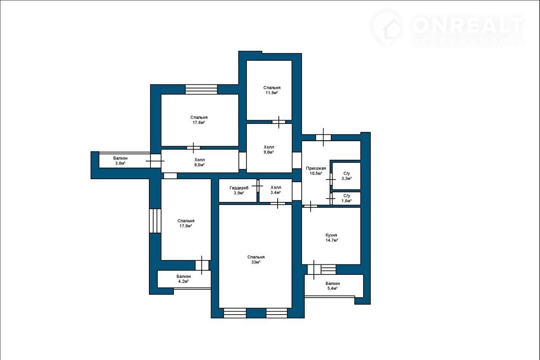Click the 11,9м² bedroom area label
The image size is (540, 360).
(272, 93)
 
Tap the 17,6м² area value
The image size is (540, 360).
(199, 122)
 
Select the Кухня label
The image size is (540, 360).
(331, 235)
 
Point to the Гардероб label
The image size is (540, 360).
(239, 188)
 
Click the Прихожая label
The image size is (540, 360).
(316, 169)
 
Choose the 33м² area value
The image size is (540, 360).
(256, 262)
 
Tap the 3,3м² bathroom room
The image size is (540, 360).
(346, 176)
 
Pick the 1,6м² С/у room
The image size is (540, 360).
(346, 198)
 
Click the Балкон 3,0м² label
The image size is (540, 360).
(120, 161)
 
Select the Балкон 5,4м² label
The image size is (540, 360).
(332, 286)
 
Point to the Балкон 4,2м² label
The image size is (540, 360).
(184, 279)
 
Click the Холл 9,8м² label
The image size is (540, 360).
(269, 150)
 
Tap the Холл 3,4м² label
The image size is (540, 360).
(276, 190)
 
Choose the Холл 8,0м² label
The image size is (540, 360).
(200, 162)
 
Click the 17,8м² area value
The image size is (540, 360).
(186, 226)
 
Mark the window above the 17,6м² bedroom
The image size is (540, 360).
(201, 89)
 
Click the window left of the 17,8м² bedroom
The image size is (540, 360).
(155, 221)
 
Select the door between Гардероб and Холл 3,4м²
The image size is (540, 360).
(258, 186)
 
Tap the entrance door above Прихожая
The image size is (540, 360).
(323, 137)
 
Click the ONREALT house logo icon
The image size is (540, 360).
(388, 28)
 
